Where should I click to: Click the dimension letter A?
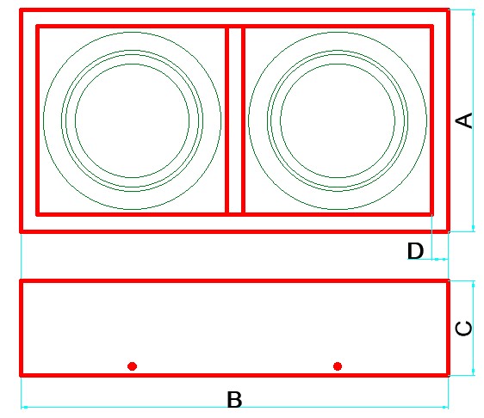(464, 120)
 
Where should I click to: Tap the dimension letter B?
(234, 399)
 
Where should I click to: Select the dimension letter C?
(464, 329)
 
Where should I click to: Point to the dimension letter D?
(415, 250)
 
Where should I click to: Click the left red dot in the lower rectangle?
(132, 366)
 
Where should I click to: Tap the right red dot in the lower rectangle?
(338, 366)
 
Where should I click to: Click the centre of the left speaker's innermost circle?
(132, 120)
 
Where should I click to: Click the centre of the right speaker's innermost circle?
(338, 120)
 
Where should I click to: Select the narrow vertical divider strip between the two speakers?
(235, 120)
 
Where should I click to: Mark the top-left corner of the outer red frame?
(21, 10)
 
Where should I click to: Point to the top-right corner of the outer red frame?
(448, 10)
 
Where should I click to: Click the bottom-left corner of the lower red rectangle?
(21, 375)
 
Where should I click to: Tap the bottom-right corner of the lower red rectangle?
(448, 375)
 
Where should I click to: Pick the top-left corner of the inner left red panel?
(37, 27)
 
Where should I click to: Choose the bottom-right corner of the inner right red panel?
(431, 214)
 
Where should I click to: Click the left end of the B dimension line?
(22, 407)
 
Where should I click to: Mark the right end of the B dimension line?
(448, 407)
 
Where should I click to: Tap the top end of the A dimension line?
(473, 10)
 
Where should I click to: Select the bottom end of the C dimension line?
(473, 375)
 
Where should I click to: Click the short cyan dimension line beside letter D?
(440, 259)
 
